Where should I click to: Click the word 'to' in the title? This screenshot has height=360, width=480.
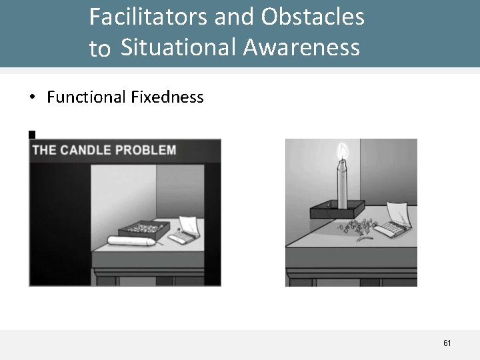(99, 49)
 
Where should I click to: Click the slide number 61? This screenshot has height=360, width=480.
(447, 343)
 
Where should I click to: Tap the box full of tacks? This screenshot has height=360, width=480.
(141, 229)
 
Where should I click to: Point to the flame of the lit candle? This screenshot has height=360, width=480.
(343, 152)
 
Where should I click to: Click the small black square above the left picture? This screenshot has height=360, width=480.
(31, 135)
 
